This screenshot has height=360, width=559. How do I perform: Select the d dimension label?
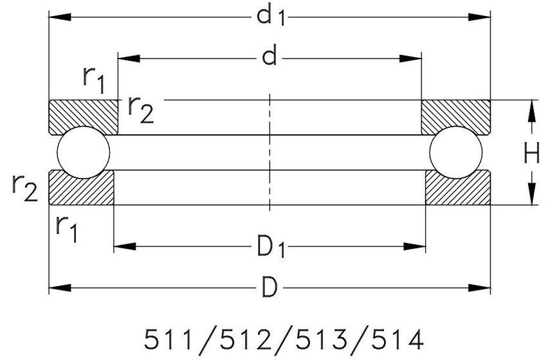click(269, 57)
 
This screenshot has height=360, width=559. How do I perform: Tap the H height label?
click(531, 152)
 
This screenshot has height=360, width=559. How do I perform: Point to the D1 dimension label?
click(271, 246)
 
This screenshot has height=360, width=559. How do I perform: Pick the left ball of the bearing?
click(84, 152)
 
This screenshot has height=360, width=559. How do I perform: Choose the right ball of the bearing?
click(456, 152)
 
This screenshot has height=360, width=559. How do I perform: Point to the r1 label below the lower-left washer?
click(67, 229)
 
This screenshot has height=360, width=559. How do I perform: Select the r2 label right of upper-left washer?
click(141, 110)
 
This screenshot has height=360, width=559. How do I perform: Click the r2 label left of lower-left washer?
click(24, 188)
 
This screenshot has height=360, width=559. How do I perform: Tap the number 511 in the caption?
click(169, 339)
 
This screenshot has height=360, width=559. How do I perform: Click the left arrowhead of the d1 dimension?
click(60, 17)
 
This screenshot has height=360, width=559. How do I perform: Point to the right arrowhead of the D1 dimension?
click(415, 246)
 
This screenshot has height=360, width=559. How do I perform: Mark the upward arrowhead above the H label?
click(531, 111)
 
